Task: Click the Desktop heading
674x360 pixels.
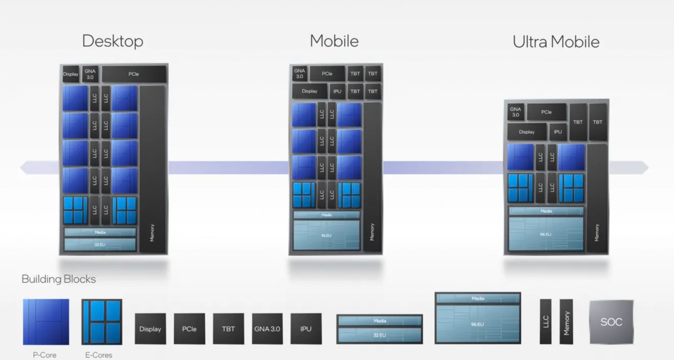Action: (113, 41)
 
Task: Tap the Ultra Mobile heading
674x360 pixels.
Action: (556, 42)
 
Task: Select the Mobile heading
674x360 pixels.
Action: (334, 41)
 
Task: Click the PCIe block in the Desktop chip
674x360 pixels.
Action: (134, 74)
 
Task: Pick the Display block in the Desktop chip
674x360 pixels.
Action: (70, 74)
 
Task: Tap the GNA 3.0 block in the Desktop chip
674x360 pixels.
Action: (90, 74)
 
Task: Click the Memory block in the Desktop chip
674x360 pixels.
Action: (152, 168)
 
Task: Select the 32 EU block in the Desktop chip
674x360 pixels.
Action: (100, 244)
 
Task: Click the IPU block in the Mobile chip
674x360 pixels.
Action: (337, 91)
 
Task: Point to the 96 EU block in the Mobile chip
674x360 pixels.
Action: (326, 235)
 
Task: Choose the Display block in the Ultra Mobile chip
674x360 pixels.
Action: (527, 132)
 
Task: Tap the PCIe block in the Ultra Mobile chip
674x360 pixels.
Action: (546, 112)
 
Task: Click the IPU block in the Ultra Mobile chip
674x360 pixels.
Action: (557, 132)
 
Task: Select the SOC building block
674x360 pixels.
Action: (611, 321)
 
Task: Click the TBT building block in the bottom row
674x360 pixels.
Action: (228, 329)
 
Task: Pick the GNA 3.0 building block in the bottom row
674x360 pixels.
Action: (267, 329)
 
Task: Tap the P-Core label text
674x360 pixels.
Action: (45, 355)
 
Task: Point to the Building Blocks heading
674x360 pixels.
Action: (59, 279)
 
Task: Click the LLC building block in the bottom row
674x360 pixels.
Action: (545, 321)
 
